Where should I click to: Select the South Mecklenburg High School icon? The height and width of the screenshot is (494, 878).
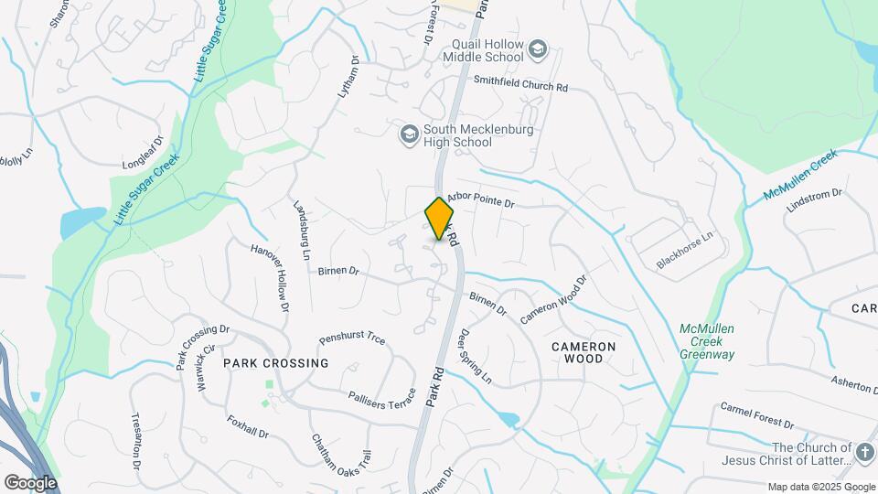click(x=409, y=135)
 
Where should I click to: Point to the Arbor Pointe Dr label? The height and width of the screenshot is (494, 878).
click(x=481, y=199)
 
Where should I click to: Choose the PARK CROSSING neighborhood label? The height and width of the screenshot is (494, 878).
click(x=275, y=363)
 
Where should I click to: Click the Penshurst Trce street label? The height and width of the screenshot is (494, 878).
click(x=352, y=338)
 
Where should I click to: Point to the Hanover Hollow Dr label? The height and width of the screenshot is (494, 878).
click(x=270, y=277)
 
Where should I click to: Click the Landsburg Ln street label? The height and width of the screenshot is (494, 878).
click(x=301, y=229)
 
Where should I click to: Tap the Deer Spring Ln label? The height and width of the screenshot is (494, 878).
click(x=476, y=357)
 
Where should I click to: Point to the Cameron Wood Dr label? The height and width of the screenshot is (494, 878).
click(x=552, y=299)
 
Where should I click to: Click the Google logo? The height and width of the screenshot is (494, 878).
click(x=29, y=482)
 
